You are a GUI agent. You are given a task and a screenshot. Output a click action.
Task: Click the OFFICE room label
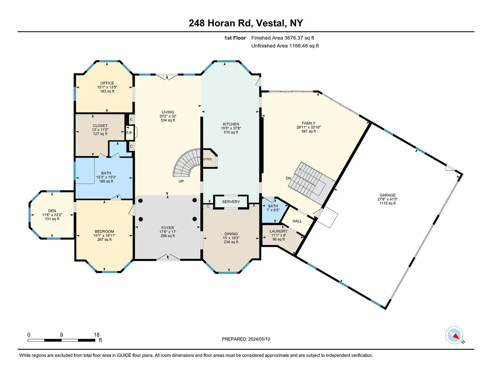(107, 83)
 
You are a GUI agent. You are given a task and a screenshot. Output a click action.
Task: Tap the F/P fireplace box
(129, 133)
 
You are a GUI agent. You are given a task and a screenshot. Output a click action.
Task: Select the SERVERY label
(231, 202)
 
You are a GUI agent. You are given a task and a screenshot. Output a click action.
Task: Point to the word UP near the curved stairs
(181, 181)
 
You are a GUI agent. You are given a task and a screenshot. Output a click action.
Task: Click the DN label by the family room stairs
(289, 178)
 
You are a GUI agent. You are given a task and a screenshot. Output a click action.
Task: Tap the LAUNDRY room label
(278, 231)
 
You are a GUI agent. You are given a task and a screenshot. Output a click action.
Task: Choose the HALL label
(297, 221)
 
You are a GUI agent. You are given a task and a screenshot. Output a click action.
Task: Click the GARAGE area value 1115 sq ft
(387, 203)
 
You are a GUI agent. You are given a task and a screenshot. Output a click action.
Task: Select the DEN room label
(52, 211)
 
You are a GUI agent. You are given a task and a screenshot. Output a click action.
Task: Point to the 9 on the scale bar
(61, 335)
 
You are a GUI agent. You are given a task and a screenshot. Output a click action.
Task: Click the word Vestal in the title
(270, 23)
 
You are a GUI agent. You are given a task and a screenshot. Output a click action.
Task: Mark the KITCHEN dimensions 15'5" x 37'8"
(231, 128)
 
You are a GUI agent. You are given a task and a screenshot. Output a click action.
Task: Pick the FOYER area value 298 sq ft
(168, 236)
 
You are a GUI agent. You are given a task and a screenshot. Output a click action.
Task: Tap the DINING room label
(231, 234)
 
